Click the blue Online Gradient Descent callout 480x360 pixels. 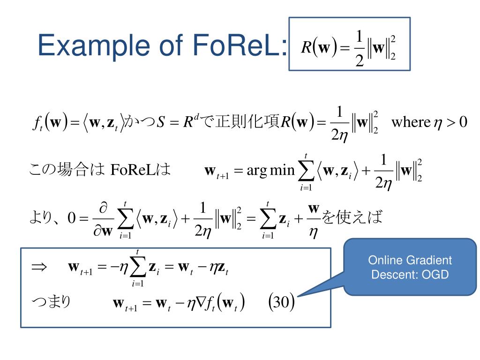(410, 267)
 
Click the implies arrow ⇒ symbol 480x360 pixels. (39, 267)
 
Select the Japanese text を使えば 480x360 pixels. (353, 217)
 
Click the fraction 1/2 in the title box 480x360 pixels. (360, 49)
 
